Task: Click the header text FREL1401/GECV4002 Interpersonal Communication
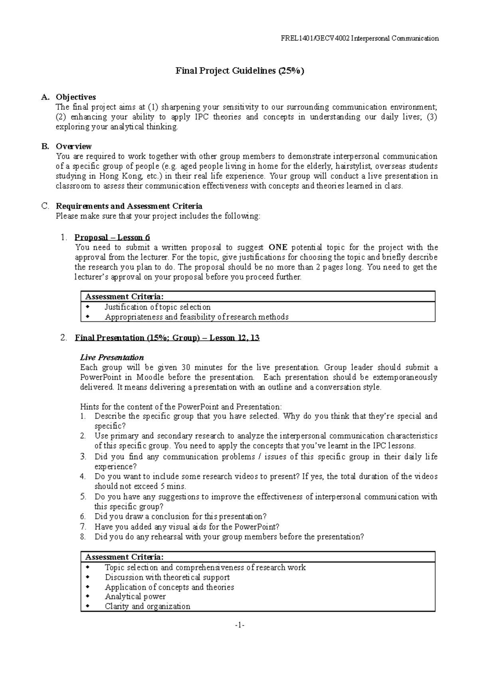click(360, 38)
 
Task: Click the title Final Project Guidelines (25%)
click(239, 71)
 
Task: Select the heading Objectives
click(76, 97)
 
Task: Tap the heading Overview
click(74, 146)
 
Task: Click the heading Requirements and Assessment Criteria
click(129, 206)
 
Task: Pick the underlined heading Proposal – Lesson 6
click(113, 238)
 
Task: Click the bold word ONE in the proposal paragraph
click(278, 247)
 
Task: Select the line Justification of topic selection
click(157, 307)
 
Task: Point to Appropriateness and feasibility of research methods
click(196, 317)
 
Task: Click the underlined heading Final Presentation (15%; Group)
click(167, 338)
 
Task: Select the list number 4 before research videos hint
click(83, 476)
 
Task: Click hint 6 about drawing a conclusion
click(180, 517)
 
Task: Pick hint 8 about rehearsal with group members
click(229, 537)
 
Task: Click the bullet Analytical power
click(135, 597)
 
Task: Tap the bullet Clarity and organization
click(147, 607)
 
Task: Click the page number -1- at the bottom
click(239, 635)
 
